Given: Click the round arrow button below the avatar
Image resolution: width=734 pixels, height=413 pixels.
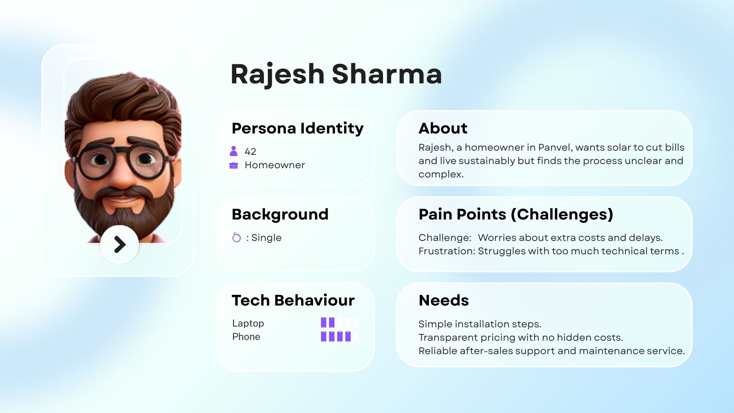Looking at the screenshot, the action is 119,244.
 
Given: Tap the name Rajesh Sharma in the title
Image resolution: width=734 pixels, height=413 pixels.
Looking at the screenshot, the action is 336,74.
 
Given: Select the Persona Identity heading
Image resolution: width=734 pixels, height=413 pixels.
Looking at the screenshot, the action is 297,128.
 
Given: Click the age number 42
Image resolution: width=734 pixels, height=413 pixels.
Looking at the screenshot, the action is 250,151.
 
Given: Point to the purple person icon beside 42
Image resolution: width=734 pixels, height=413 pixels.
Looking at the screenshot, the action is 234,151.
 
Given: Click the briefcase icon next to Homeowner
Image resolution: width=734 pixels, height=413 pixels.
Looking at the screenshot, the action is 234,165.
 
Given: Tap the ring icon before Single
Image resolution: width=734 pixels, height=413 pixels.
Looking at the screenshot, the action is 237,237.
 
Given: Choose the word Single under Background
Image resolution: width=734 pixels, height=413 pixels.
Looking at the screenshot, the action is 266,237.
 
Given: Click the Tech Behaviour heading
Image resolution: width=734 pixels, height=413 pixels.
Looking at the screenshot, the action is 293,300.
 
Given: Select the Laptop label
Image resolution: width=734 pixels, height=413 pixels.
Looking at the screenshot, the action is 248,324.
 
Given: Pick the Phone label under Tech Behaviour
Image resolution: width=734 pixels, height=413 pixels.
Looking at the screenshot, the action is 246,337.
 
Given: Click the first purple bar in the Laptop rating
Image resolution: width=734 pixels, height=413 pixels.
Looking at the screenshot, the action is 323,322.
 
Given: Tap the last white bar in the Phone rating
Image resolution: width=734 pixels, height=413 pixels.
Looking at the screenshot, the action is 356,337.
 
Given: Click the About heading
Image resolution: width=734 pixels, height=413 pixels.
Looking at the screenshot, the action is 443,128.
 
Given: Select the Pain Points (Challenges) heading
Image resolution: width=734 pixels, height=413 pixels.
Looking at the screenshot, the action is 516,215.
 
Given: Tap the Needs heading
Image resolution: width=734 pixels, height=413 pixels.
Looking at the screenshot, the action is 444,301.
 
